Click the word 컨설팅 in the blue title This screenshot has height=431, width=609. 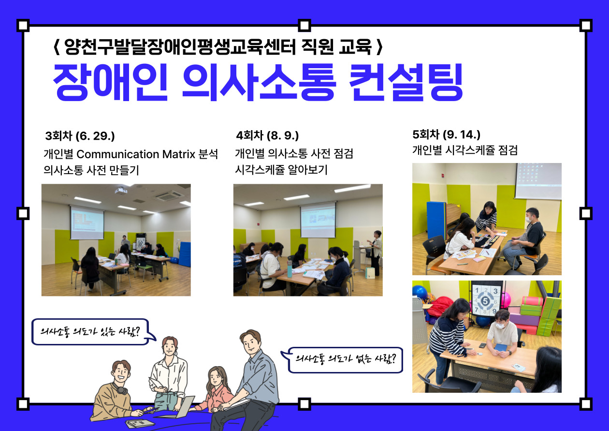406,82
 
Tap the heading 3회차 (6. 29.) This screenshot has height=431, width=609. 80,136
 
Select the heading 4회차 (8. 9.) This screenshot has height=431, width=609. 267,135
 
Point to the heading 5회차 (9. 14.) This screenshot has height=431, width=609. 447,134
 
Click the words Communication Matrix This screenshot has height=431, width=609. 136,154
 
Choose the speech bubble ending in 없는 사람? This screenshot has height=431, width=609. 342,360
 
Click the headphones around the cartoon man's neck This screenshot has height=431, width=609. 120,389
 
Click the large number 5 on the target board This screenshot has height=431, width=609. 485,301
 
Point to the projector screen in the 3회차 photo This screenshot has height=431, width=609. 87,223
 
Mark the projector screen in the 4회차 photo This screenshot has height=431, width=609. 318,220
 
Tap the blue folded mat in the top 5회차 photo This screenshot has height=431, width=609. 436,221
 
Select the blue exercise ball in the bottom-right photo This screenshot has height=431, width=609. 420,293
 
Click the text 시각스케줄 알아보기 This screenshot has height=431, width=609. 281,169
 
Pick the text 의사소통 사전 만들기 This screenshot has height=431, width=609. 91,170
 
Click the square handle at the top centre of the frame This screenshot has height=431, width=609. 304,25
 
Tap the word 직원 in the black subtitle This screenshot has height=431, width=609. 317,47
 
